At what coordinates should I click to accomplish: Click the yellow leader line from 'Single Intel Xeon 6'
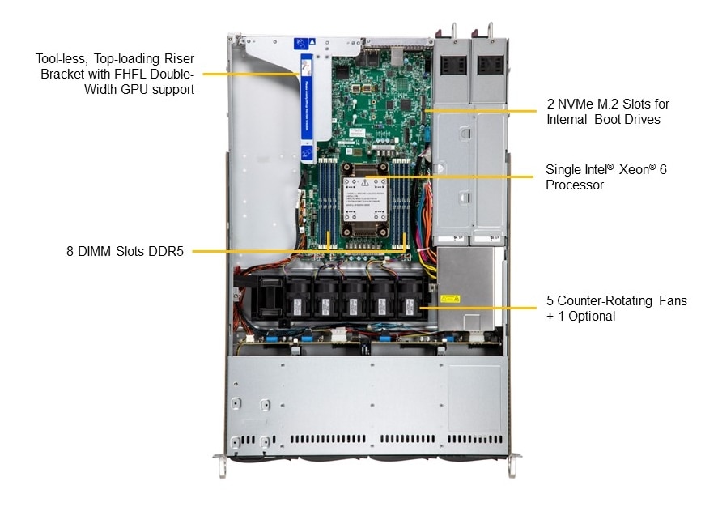pos(453,177)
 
